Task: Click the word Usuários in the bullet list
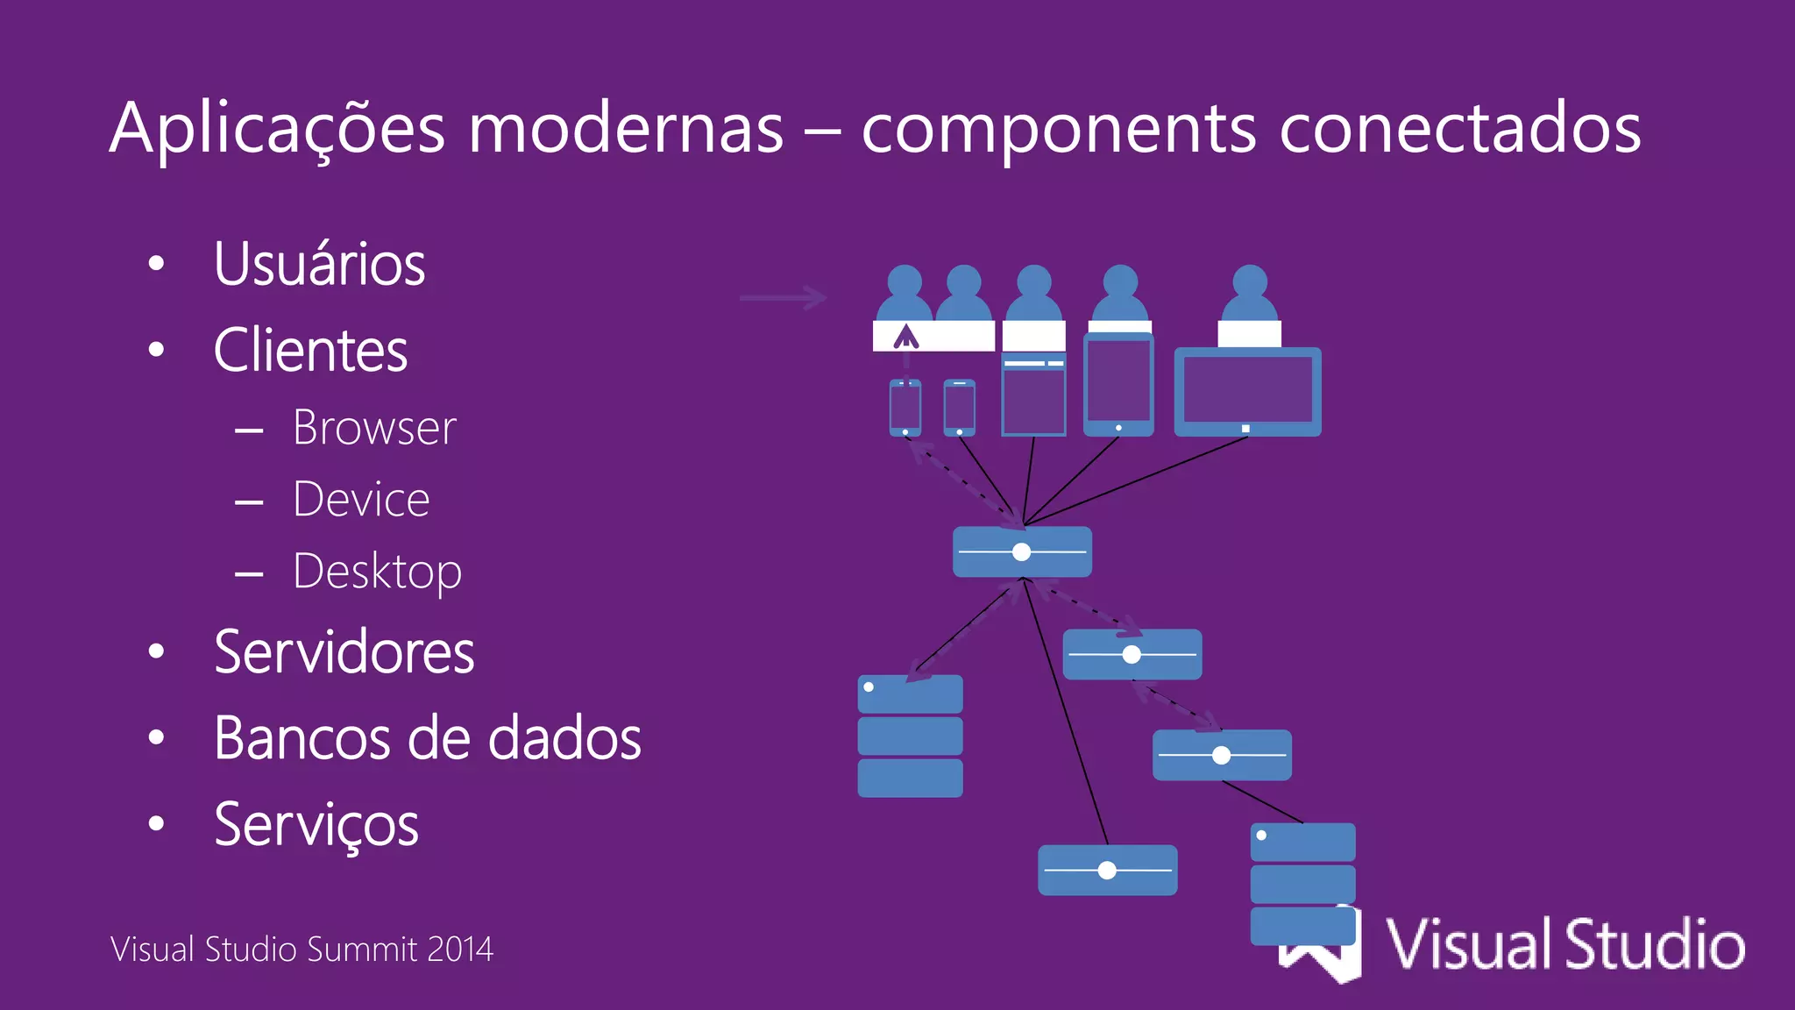pos(319,264)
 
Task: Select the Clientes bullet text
pos(310,350)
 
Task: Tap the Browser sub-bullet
pos(374,428)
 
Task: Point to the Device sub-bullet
pos(361,500)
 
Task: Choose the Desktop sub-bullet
pos(377,573)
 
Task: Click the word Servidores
pos(344,652)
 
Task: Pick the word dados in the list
pos(564,738)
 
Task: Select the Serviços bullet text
pos(316,825)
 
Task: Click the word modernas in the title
pos(625,129)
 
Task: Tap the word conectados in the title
pos(1459,129)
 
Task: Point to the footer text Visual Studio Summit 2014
pos(302,950)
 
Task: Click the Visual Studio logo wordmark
pos(1564,944)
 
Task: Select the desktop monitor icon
pos(1247,391)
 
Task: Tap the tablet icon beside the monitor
pos(1118,385)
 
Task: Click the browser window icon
pos(1033,395)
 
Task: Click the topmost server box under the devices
pos(1022,551)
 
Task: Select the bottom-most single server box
pos(1107,870)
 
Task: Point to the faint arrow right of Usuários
pos(783,298)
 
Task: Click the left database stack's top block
pos(910,693)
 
